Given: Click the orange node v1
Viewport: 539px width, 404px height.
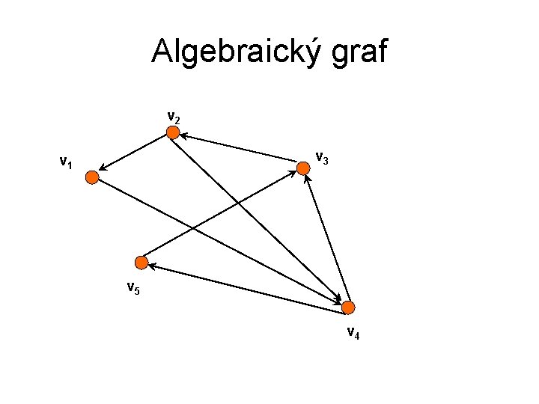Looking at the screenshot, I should (x=91, y=177).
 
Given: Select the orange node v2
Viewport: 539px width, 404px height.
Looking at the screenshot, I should (x=173, y=133).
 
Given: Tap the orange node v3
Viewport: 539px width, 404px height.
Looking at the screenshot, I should (x=303, y=169).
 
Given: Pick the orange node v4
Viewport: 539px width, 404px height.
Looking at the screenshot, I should (x=348, y=307).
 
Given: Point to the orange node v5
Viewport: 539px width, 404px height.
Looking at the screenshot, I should (x=141, y=262).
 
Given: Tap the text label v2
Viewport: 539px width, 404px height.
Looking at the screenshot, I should (x=173, y=117).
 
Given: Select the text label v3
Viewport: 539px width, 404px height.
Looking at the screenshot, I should (x=322, y=158).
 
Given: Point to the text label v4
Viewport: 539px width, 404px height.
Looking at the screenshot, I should (x=353, y=333).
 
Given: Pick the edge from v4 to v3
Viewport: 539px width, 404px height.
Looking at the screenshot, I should (x=326, y=239).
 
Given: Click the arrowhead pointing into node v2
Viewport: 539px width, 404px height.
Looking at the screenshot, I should (x=183, y=136).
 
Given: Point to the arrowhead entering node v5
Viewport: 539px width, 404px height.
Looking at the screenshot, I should (x=150, y=265).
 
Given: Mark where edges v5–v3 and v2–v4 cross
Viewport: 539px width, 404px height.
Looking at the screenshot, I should (x=239, y=204).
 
